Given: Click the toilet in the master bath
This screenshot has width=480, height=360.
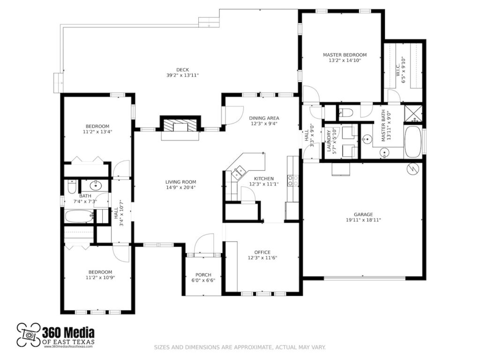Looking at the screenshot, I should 345,112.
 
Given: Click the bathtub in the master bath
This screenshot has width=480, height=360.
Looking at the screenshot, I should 413,142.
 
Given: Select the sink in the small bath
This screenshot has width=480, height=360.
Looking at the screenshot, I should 93,185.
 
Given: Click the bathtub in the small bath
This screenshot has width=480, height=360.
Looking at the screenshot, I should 78,217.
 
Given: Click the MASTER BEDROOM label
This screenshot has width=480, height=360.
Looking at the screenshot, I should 345,55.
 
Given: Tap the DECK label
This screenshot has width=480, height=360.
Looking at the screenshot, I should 182,70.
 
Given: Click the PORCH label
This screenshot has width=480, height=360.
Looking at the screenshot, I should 203,275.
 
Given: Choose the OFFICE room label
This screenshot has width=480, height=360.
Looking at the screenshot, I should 262,252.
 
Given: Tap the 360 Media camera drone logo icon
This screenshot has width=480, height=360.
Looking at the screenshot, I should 28,335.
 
